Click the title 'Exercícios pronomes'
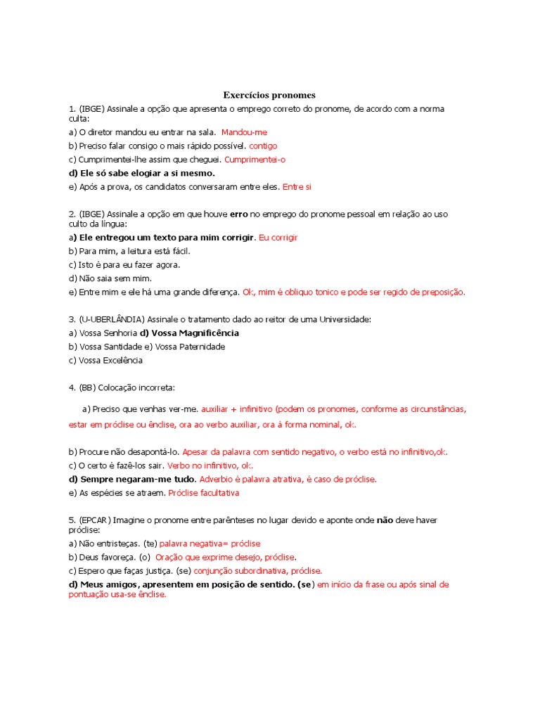269,95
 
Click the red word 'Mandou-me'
244,132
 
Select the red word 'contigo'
263,146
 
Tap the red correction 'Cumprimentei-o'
255,160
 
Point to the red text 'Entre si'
296,187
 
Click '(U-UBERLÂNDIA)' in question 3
111,319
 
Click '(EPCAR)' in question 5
95,520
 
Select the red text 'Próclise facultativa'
204,493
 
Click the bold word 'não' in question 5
384,520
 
